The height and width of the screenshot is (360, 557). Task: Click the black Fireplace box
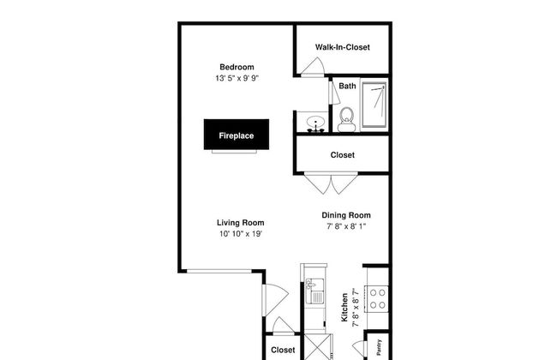pos(237,135)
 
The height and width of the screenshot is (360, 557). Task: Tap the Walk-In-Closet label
pos(343,47)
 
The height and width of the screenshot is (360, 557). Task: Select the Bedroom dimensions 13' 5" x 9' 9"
pos(237,78)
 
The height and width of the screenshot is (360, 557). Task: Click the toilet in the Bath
pos(346,119)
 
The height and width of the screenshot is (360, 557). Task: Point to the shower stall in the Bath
pos(374,105)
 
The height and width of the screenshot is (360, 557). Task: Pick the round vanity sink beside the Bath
pos(315,122)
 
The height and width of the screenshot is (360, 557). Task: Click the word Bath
pos(347,86)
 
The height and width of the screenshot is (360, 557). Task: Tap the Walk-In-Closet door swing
pos(313,67)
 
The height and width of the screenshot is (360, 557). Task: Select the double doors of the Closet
pos(331,183)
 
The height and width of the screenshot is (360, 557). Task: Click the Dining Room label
pos(346,215)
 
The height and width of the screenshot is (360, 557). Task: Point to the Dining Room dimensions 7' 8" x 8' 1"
pos(346,226)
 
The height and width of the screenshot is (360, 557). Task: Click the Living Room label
pos(241,223)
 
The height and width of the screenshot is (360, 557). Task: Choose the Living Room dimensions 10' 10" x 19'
pos(241,234)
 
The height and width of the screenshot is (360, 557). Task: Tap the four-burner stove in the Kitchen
pos(377,299)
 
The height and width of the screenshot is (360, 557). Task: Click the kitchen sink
pos(314,291)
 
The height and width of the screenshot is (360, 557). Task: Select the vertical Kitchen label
pos(344,308)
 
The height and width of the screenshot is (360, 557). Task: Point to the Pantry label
pos(379,347)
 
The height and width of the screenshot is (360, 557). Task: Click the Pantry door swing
pos(359,347)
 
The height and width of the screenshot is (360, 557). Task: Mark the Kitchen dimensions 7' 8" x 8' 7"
pos(356,308)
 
